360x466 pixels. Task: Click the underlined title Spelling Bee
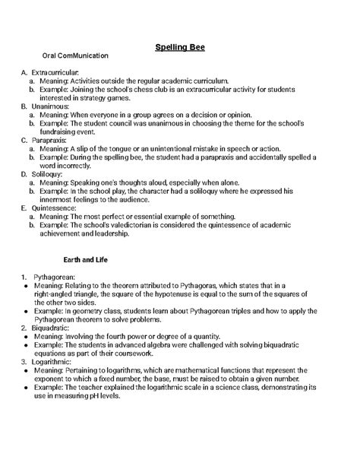pyautogui.click(x=180, y=47)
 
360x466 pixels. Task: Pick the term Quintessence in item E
pyautogui.click(x=55, y=208)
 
